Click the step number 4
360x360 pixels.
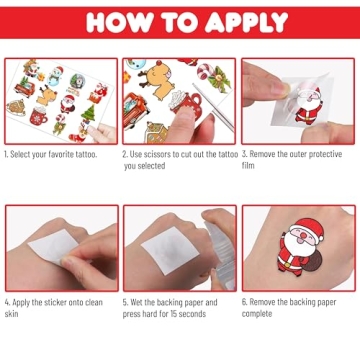click(x=6, y=301)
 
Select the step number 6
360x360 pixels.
click(x=244, y=301)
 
